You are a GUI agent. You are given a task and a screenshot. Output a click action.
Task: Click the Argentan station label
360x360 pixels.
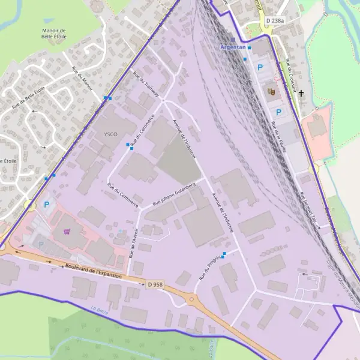click(233, 47)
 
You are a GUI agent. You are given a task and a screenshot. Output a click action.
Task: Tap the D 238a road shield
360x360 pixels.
click(274, 20)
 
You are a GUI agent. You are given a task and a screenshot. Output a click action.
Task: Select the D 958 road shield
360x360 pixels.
click(154, 284)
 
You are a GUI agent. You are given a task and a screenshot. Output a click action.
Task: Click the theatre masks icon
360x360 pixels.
click(271, 92)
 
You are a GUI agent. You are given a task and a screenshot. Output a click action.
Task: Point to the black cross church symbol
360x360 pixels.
click(301, 94)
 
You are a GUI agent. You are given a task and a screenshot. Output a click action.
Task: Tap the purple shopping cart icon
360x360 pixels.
click(67, 230)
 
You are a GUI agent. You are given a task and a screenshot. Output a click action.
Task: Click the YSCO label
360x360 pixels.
click(111, 133)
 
